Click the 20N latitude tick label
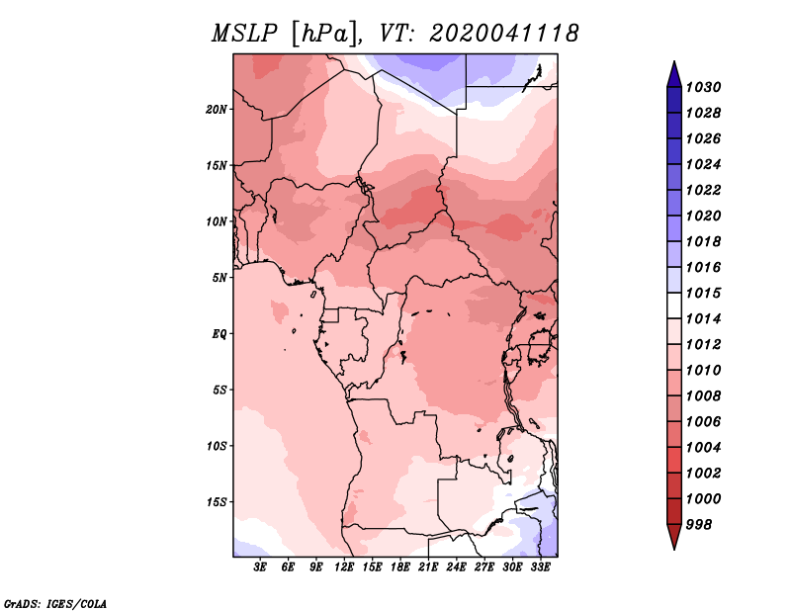click(217, 110)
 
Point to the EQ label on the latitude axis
click(219, 334)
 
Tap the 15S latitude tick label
click(217, 502)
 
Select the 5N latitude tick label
click(220, 278)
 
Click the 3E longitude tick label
click(260, 567)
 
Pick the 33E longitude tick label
click(540, 567)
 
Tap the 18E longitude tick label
click(400, 567)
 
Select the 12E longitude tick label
click(344, 567)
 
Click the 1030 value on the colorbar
click(703, 87)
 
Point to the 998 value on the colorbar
click(699, 525)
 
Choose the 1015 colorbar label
click(703, 293)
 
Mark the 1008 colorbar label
click(703, 396)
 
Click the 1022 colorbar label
click(703, 190)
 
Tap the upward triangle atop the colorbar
click(674, 75)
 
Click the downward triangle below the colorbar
click(674, 537)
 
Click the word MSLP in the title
click(244, 34)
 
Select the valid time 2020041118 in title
click(504, 34)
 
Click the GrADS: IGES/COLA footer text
click(55, 604)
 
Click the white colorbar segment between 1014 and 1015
click(674, 305)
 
